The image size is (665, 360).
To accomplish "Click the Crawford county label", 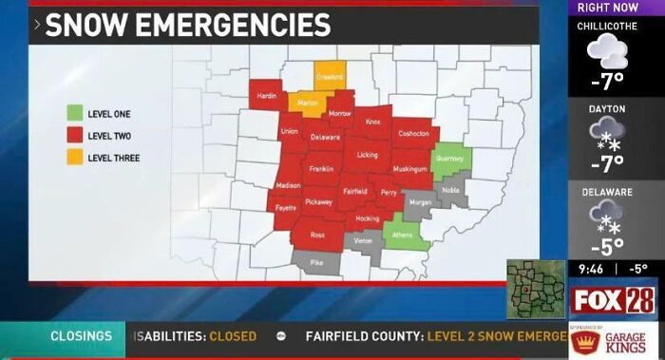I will click(x=329, y=77).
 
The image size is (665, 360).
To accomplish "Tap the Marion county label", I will click(x=307, y=103).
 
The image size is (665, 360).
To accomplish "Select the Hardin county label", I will click(x=268, y=95).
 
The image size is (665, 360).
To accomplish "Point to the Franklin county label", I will click(x=321, y=169).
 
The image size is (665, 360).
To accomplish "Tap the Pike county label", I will click(x=317, y=261).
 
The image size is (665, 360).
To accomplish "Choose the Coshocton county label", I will click(x=413, y=133).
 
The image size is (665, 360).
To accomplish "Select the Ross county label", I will click(x=317, y=235).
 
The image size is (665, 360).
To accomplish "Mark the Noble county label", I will click(x=450, y=190).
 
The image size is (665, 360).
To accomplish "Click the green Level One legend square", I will click(x=74, y=113).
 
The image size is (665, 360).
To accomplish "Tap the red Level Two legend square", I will click(x=74, y=135).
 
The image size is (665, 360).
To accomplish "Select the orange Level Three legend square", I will click(x=74, y=157).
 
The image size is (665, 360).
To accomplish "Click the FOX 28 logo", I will click(x=613, y=301).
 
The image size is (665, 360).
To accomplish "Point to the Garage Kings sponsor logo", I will click(x=612, y=341).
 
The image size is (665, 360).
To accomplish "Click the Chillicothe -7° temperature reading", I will click(x=607, y=79).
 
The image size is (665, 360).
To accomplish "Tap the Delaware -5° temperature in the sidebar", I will click(x=607, y=246).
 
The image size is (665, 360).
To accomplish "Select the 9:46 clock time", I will click(x=592, y=269).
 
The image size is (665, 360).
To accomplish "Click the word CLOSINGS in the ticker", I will click(x=81, y=336).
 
